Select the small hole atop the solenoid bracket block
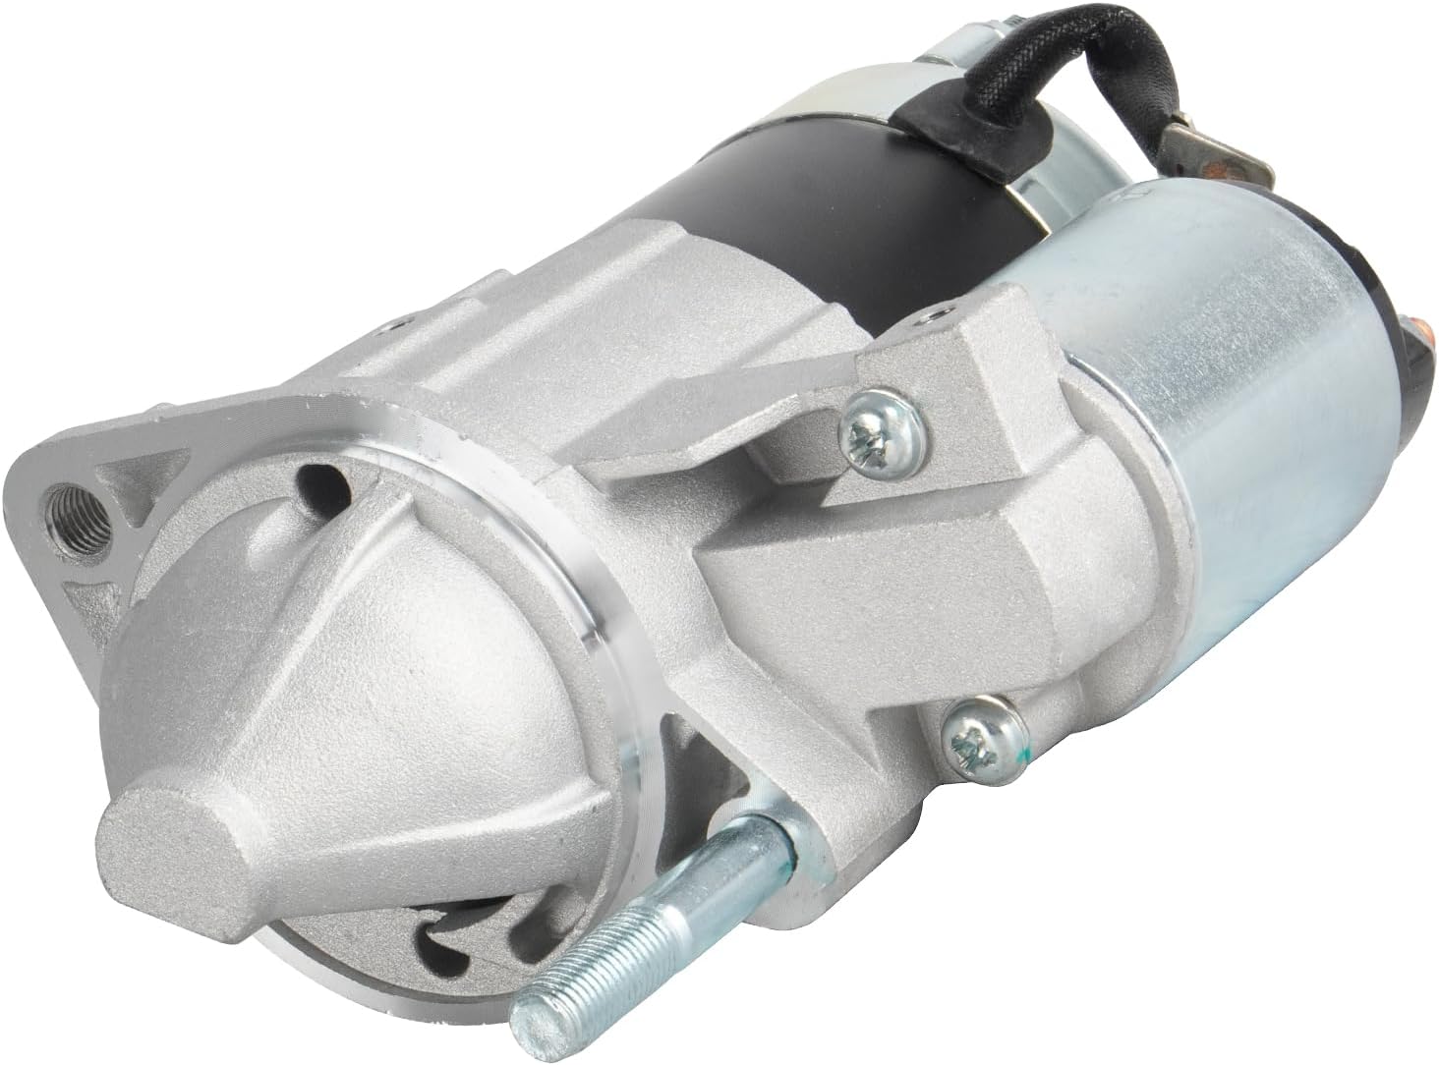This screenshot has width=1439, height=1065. (929, 319)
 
